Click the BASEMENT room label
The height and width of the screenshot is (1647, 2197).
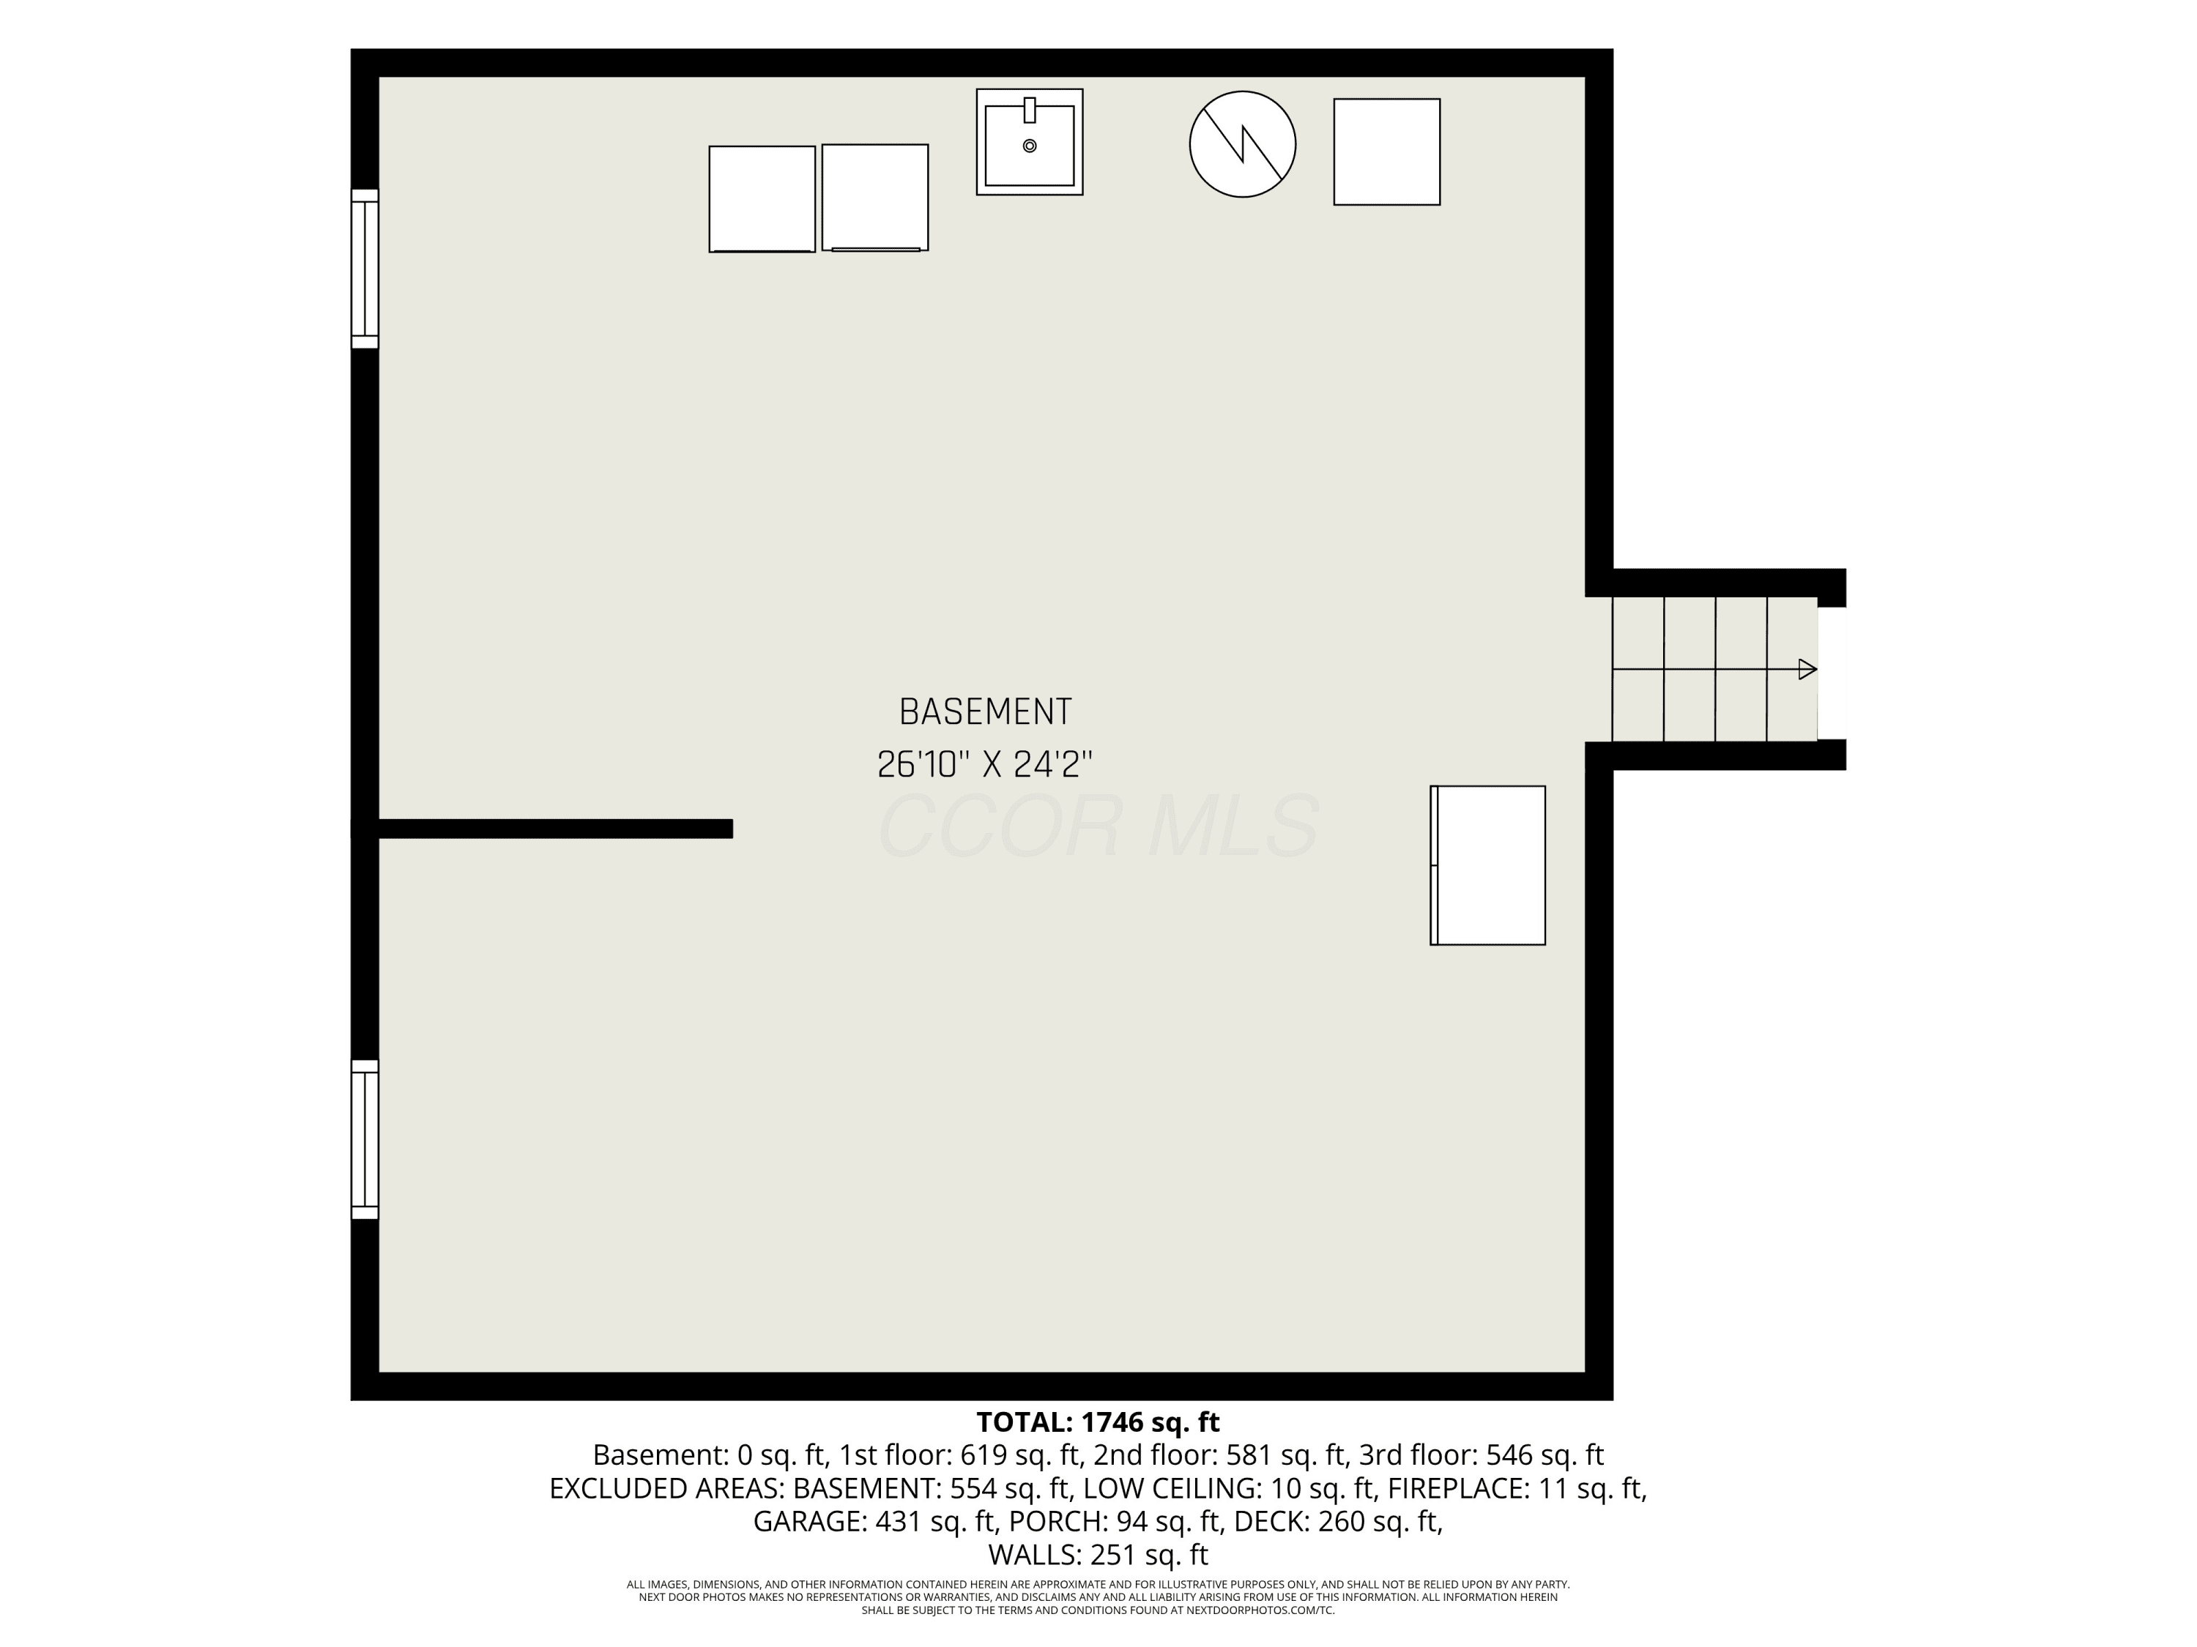pos(985,712)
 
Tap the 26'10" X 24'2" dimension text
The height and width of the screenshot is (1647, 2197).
pos(985,764)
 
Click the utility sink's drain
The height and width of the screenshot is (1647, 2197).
pos(1030,146)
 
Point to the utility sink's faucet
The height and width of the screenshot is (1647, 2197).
pos(1030,109)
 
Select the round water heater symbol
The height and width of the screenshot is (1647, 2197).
pos(1243,144)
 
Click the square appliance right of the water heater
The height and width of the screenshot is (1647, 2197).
pos(1386,152)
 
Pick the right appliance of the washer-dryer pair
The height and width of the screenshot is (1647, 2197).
pos(875,198)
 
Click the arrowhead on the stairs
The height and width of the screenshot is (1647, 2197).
pos(1807,669)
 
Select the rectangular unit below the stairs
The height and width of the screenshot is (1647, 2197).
pos(1488,866)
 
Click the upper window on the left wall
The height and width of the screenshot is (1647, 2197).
pos(365,269)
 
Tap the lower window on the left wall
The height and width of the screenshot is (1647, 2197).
pos(365,1140)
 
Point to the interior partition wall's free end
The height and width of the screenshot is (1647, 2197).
pos(732,829)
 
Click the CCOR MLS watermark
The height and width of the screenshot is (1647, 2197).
pos(1098,826)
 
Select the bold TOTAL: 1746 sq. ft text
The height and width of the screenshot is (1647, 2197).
pos(1098,1422)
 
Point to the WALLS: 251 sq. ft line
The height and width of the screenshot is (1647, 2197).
pos(1098,1555)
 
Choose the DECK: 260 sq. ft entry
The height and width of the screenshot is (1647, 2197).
pos(1338,1522)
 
